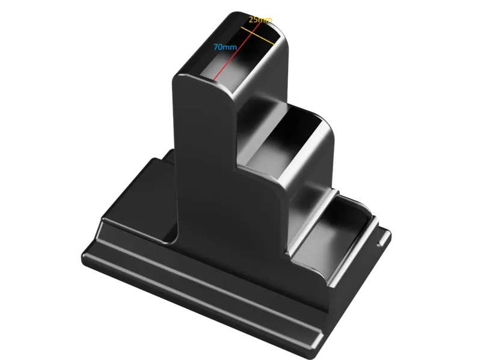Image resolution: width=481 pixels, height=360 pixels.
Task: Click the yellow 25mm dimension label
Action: (x=260, y=20)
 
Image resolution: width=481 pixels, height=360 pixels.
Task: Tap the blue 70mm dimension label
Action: (x=225, y=47)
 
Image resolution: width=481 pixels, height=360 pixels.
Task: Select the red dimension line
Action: (x=237, y=50)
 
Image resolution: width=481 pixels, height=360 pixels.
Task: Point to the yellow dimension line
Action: (x=257, y=35)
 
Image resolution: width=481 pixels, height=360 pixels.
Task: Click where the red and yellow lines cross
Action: (x=251, y=32)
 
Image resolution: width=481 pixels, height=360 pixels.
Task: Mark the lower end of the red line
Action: (x=213, y=79)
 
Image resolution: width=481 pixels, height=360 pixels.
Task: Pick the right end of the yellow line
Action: (x=274, y=44)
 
